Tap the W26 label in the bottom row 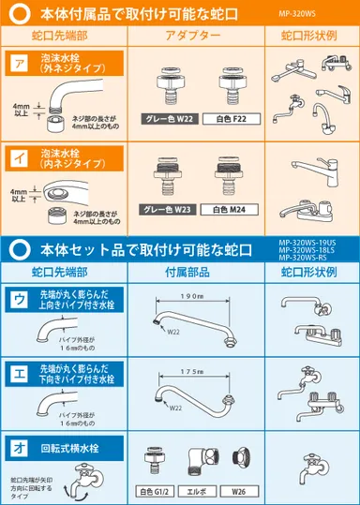point(240,491)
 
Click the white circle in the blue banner point(21,249)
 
